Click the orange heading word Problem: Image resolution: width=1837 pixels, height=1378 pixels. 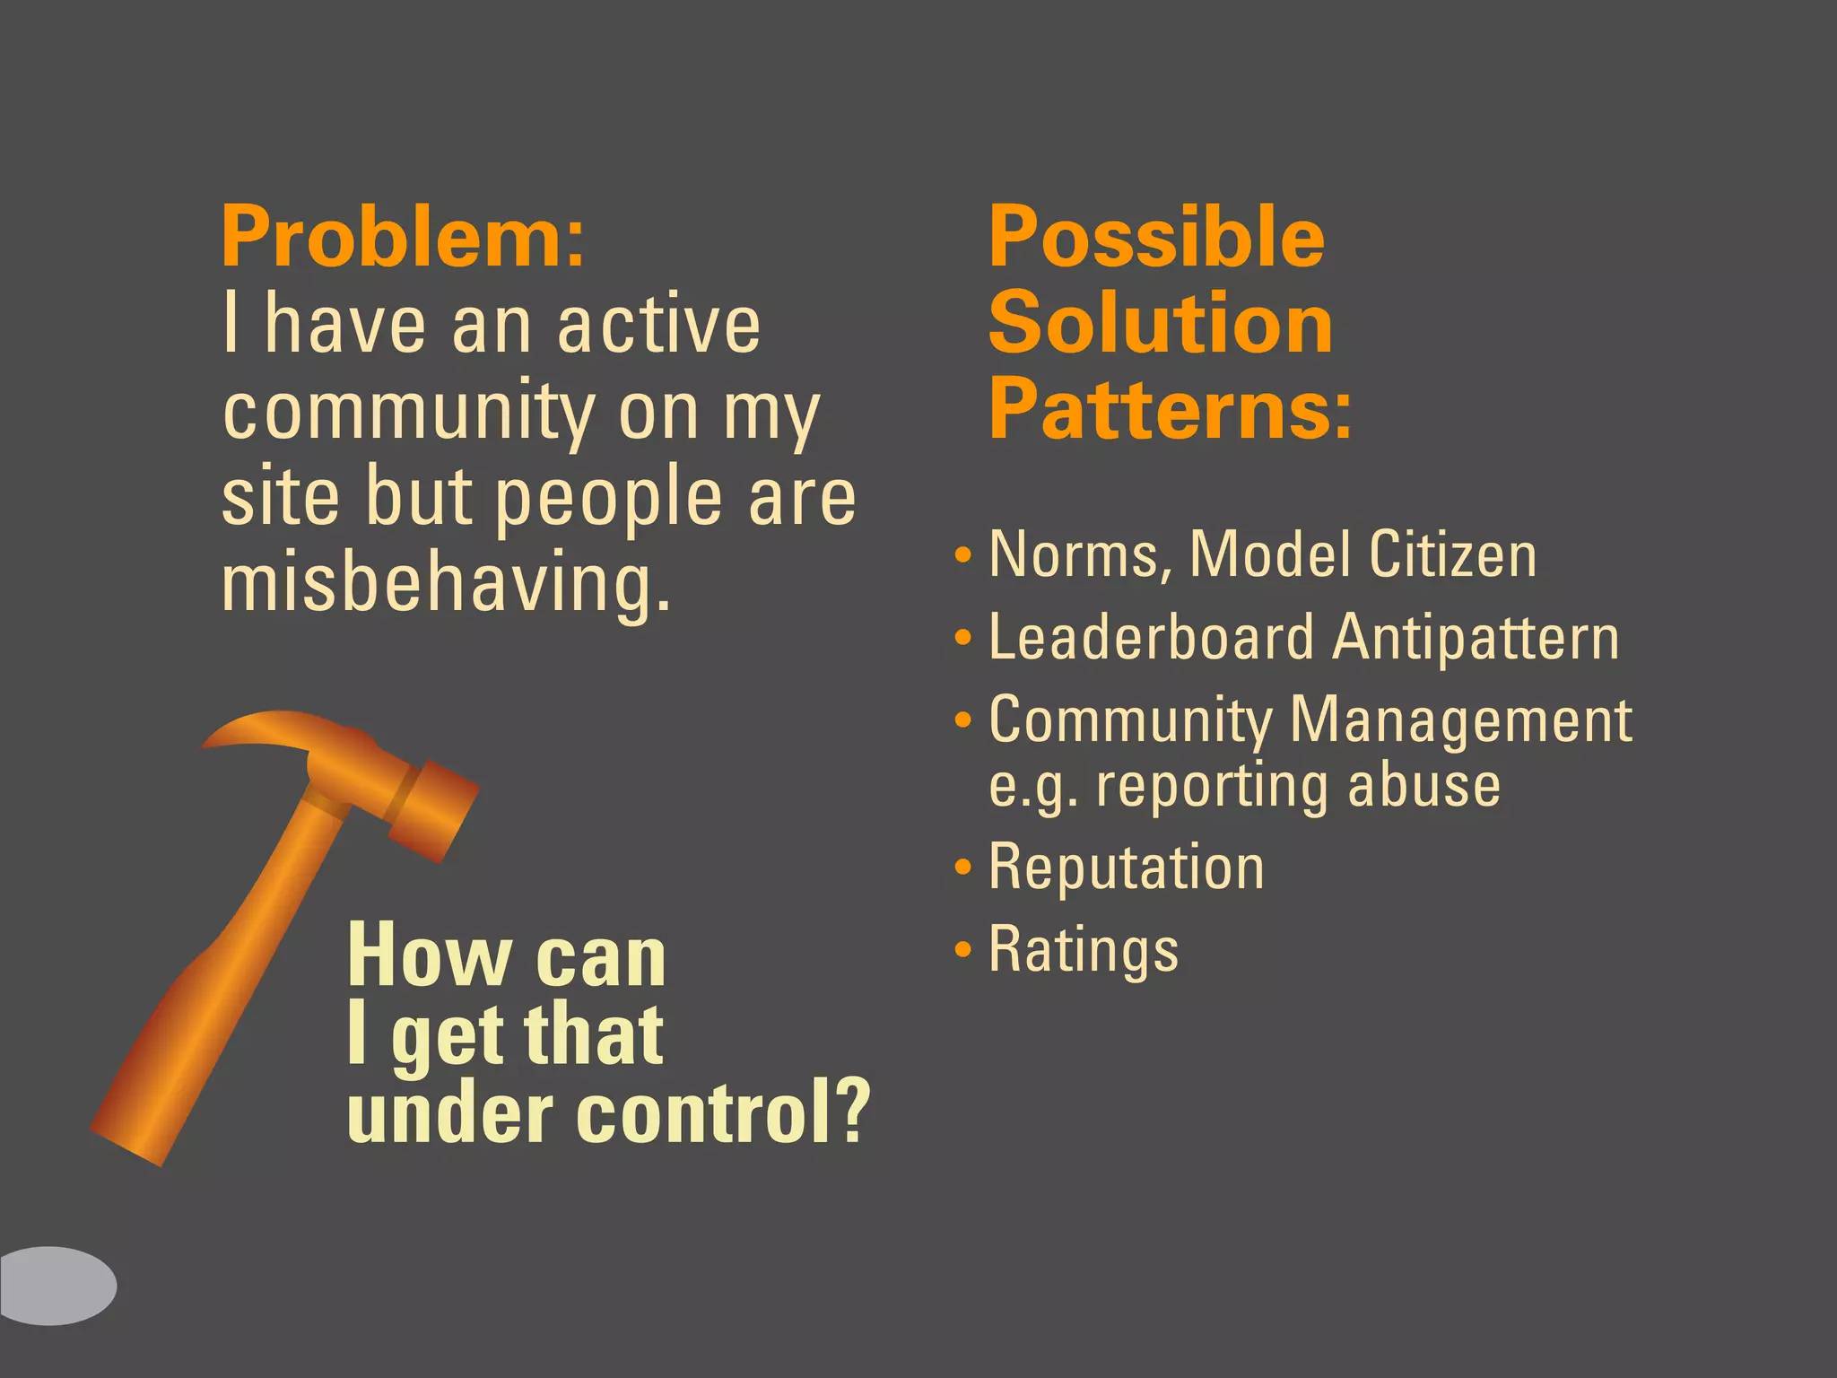[403, 238]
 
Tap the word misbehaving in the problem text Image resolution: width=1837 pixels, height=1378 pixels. [446, 584]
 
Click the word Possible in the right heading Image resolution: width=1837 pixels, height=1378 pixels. [1156, 238]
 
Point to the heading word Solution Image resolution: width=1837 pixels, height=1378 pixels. [1161, 324]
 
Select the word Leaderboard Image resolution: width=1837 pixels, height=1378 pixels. [1151, 638]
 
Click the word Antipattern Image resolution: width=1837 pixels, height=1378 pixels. [1476, 638]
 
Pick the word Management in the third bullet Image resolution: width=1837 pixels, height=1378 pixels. [1460, 720]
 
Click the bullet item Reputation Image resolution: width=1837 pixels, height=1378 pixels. [1127, 868]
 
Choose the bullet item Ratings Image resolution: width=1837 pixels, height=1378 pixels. [1084, 950]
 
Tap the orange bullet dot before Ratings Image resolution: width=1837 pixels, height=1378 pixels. [963, 949]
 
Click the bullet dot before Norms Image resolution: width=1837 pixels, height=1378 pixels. [963, 554]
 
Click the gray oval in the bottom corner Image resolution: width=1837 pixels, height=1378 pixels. [56, 1285]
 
